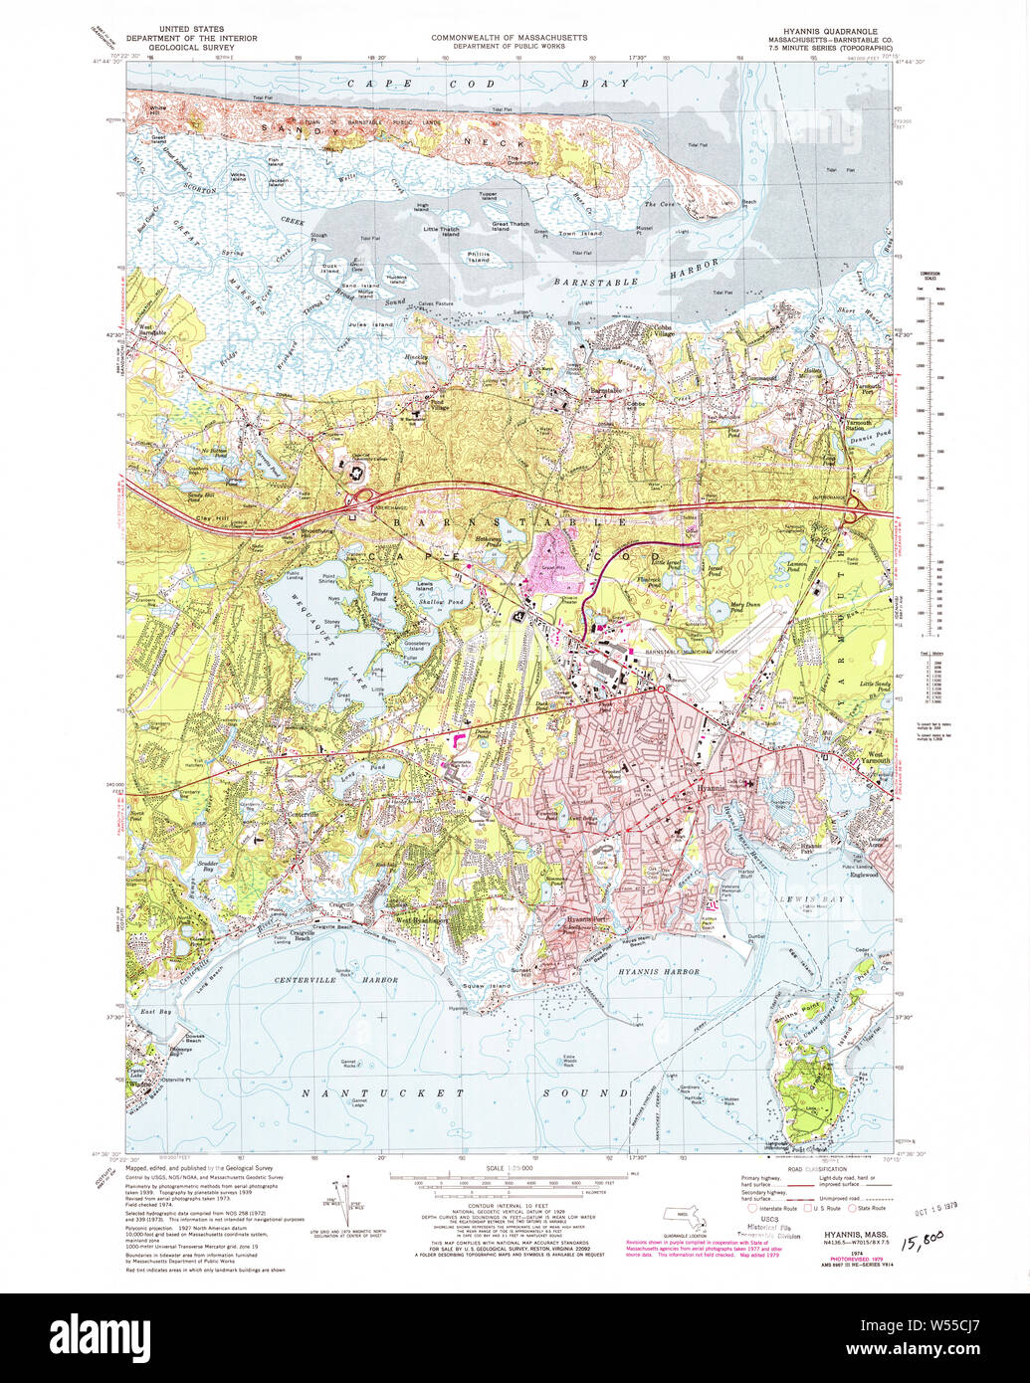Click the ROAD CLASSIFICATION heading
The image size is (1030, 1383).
[812, 1170]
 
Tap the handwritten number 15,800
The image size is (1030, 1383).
[921, 1239]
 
